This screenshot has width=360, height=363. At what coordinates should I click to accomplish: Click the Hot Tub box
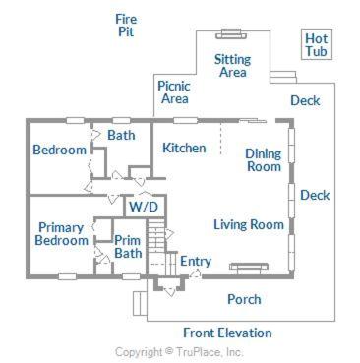point(317,44)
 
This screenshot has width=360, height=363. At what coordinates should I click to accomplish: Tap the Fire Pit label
point(126,26)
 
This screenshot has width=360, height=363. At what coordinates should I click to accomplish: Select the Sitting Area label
point(232,66)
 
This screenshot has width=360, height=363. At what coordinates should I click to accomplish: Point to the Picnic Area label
point(174,92)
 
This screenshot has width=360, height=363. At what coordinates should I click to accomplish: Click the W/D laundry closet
point(145,207)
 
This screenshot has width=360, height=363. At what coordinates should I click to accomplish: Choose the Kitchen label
point(184,148)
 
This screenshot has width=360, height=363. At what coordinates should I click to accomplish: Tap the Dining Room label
point(264,160)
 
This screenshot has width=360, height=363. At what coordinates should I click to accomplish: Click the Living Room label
point(249,224)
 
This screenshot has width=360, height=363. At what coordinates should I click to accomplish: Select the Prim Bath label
point(128,247)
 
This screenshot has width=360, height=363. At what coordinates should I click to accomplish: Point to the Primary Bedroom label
point(62,234)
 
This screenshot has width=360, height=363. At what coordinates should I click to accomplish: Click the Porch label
point(244,299)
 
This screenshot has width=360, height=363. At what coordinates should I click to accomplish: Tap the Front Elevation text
point(227,333)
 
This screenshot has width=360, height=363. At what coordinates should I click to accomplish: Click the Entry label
point(196,261)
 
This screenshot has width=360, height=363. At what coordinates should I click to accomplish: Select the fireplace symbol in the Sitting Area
point(231,34)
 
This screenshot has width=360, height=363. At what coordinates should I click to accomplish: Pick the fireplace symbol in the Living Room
point(249,267)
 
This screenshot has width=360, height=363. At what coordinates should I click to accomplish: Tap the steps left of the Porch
point(140,303)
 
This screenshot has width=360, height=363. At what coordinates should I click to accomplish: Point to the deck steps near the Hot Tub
point(283,77)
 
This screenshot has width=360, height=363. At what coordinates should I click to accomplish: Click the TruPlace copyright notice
point(179,352)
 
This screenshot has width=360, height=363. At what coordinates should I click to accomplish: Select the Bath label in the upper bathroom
point(121,135)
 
